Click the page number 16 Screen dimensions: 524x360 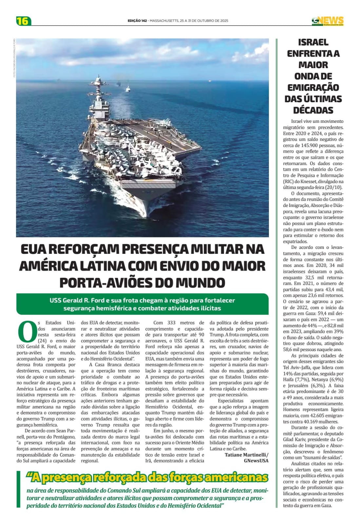23,21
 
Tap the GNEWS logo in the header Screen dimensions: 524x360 328,21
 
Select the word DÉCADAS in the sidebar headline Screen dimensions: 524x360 313,110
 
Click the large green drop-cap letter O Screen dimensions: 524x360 26,331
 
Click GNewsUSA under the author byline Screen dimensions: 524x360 256,460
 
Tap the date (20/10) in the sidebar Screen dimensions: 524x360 334,187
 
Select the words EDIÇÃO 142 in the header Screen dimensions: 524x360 137,21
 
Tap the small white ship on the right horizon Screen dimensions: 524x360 209,80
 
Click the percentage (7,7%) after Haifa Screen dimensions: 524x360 303,380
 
